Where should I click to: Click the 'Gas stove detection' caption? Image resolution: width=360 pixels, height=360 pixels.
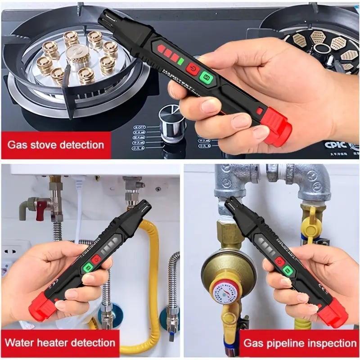pos(55,145)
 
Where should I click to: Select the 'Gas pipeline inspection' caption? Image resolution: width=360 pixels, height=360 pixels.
pos(299,343)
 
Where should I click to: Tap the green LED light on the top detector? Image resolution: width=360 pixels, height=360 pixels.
pos(180,61)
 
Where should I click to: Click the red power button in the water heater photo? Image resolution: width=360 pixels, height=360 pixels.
pos(96,260)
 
